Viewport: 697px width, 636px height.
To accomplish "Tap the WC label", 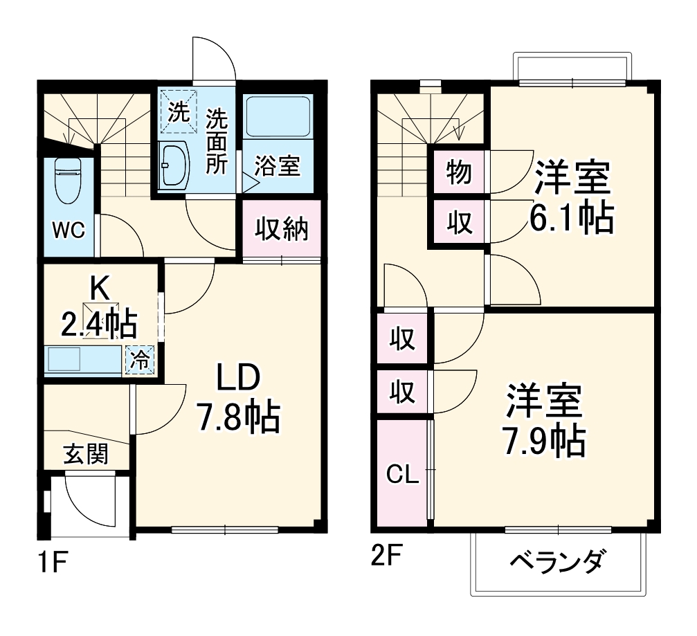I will pyautogui.click(x=70, y=230).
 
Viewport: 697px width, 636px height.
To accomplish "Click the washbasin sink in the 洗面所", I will pyautogui.click(x=174, y=165).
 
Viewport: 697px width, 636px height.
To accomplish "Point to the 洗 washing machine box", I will pyautogui.click(x=179, y=111).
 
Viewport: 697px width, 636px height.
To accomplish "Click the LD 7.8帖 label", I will pyautogui.click(x=237, y=397).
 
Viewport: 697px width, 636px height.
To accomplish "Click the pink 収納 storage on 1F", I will pyautogui.click(x=282, y=228).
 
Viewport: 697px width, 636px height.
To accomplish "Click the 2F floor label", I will pyautogui.click(x=385, y=556).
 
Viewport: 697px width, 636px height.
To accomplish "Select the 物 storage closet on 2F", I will pyautogui.click(x=458, y=172).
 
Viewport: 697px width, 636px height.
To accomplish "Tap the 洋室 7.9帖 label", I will pyautogui.click(x=544, y=420).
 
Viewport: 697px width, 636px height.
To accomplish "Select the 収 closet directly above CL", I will pyautogui.click(x=402, y=392).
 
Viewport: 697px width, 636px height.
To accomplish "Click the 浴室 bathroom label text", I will pyautogui.click(x=278, y=166).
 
